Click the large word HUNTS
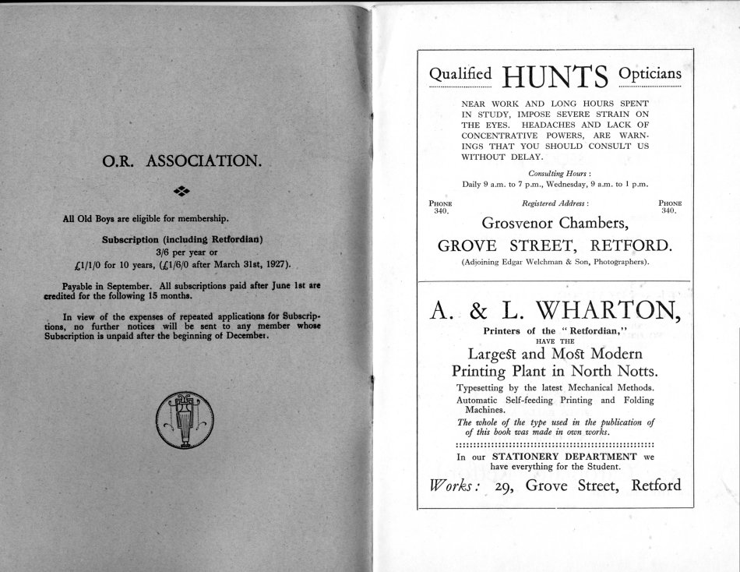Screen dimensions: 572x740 coord(555,76)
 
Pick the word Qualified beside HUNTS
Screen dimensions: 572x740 coord(461,74)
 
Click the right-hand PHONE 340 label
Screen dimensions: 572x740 coord(668,207)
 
